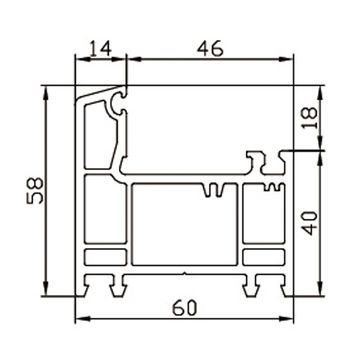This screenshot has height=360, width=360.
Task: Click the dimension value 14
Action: [x=100, y=47]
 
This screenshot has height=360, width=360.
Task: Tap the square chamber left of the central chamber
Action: [x=105, y=210]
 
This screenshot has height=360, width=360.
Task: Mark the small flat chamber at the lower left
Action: [x=105, y=258]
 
